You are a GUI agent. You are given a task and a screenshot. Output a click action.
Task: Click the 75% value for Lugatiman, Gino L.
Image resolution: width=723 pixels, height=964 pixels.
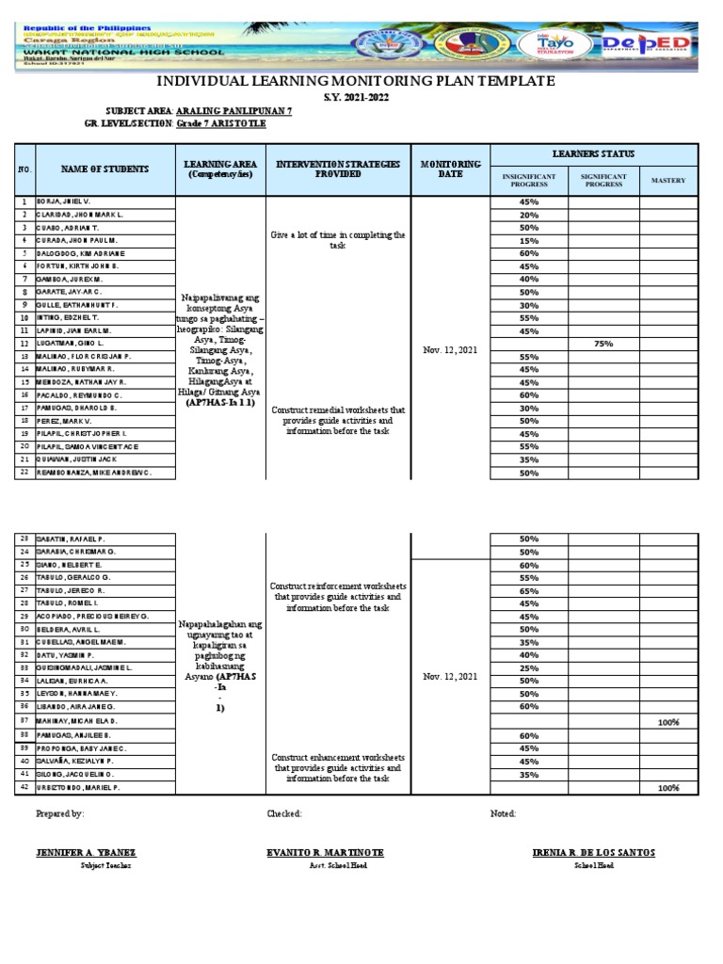[x=602, y=345]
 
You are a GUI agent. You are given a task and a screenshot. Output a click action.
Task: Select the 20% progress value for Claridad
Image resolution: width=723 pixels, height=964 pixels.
[x=528, y=216]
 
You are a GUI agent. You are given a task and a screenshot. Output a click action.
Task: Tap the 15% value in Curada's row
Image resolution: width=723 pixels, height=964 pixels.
[x=528, y=241]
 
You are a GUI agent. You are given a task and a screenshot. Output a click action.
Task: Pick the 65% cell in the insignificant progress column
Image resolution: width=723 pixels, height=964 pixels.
[x=528, y=590]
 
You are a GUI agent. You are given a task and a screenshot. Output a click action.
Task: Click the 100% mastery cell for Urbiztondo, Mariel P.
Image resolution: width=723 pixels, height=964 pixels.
[x=667, y=787]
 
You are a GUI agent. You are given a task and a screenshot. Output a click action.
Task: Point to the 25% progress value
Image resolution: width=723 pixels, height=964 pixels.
[x=528, y=667]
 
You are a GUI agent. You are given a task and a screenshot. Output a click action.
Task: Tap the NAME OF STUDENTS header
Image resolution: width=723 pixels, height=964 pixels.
[x=105, y=169]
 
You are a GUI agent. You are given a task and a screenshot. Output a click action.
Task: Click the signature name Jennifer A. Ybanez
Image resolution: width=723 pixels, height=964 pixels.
[x=80, y=852]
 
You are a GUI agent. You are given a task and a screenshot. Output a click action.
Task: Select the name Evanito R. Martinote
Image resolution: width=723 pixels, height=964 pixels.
[x=326, y=852]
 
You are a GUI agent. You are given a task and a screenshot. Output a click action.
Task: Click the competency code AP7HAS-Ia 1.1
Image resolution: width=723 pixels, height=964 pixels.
[x=220, y=403]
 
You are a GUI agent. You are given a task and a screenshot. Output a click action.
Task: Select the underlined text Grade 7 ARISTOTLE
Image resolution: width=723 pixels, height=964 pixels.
[x=226, y=124]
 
